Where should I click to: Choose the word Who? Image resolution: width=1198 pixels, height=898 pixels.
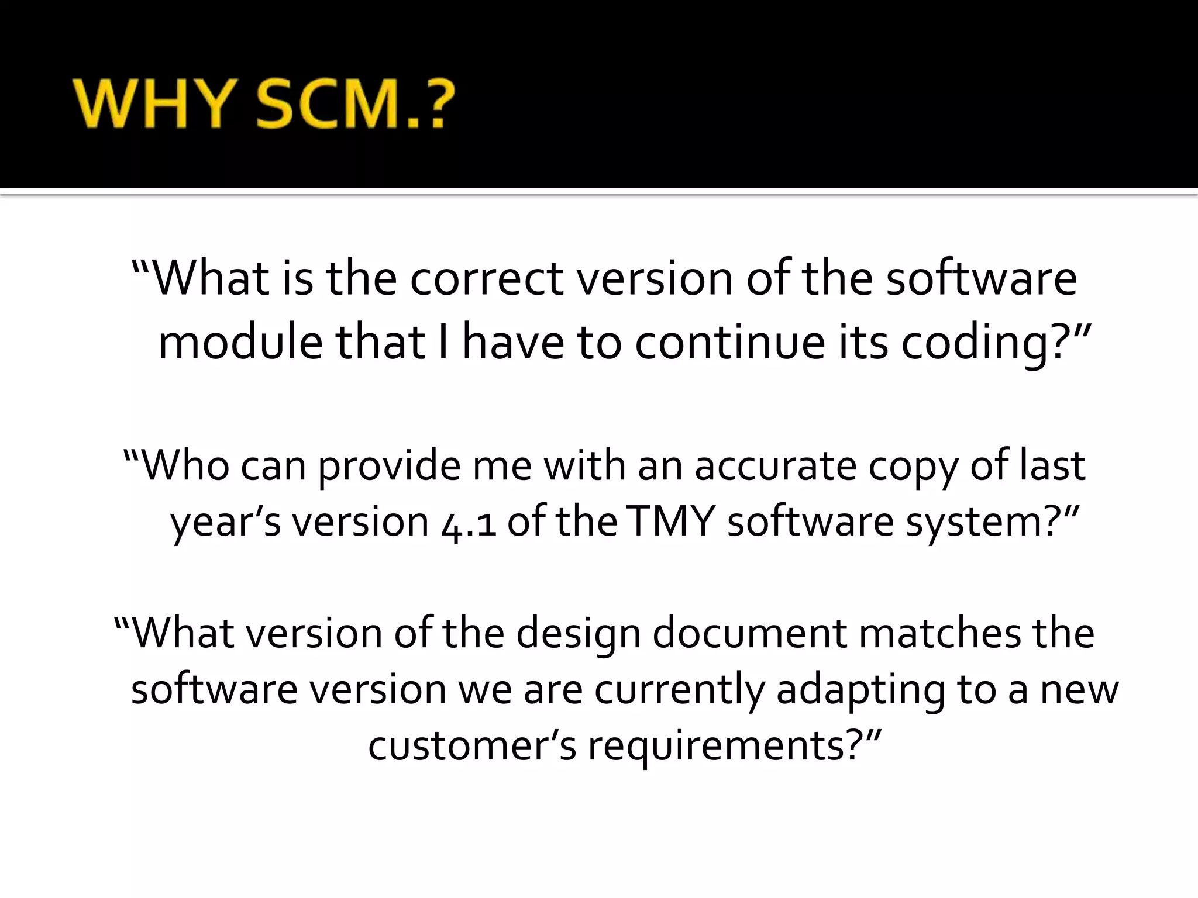pyautogui.click(x=185, y=466)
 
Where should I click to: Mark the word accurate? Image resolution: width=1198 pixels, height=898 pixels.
pyautogui.click(x=775, y=466)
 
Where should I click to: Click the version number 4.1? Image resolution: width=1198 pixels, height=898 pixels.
pyautogui.click(x=469, y=522)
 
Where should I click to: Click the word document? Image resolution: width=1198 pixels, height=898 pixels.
pyautogui.click(x=749, y=633)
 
